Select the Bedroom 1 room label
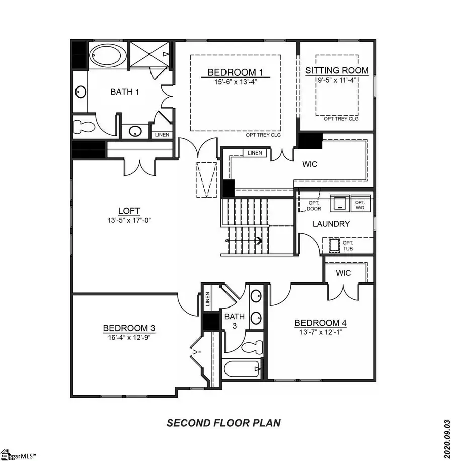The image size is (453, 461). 236,72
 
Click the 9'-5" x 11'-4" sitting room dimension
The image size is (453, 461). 337,79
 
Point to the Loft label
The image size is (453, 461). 129,211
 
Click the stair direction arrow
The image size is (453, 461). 259,241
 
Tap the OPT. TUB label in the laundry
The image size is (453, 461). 348,245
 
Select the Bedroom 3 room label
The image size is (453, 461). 129,328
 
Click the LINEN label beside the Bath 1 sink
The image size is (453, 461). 162,135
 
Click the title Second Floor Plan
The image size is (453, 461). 223,423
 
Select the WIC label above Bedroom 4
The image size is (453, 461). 344,273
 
